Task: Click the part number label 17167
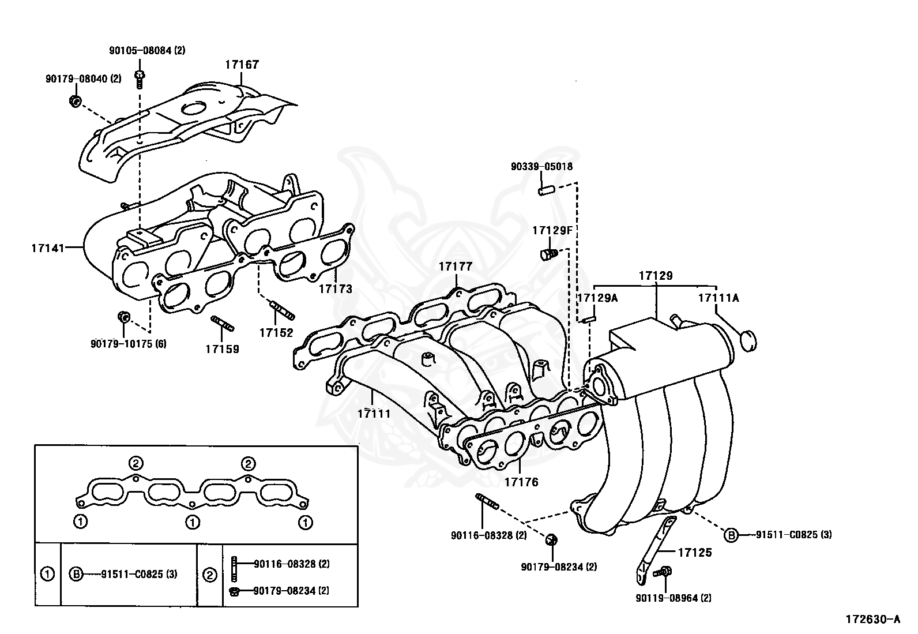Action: coord(242,65)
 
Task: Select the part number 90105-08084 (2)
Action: coord(147,50)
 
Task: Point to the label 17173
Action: coord(335,288)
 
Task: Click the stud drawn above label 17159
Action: coord(222,324)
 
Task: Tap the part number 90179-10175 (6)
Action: coord(128,343)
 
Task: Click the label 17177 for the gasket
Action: coord(455,266)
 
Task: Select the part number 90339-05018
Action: coord(541,167)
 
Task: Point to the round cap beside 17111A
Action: coord(747,340)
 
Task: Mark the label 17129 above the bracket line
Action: coord(656,276)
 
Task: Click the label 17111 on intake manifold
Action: coord(373,413)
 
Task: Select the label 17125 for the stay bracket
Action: coord(695,552)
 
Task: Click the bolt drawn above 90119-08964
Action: coord(664,572)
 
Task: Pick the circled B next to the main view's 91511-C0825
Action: coord(731,535)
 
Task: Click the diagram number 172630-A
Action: coord(872,620)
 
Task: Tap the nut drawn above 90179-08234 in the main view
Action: coord(552,540)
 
